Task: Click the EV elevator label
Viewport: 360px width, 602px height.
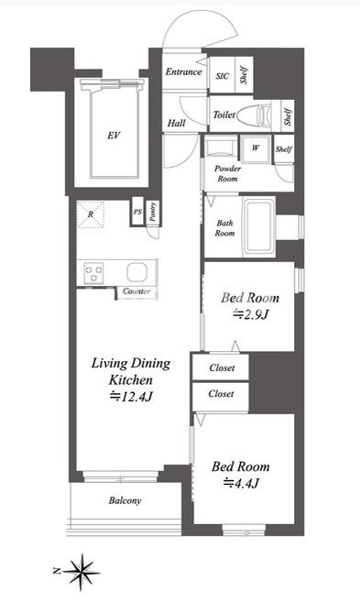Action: pyautogui.click(x=114, y=136)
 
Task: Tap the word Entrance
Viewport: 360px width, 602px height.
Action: pyautogui.click(x=183, y=71)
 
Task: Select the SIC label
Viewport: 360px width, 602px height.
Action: pyautogui.click(x=223, y=76)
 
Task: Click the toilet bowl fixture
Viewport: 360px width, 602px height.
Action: pyautogui.click(x=255, y=115)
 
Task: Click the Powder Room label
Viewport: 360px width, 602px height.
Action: pyautogui.click(x=227, y=173)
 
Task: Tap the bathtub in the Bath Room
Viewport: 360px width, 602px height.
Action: pyautogui.click(x=259, y=226)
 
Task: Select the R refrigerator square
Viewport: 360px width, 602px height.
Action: pyautogui.click(x=91, y=214)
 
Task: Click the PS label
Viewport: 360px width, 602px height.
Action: pyautogui.click(x=137, y=212)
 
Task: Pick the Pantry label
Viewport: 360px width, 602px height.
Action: pyautogui.click(x=152, y=212)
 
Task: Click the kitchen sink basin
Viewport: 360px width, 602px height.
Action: pyautogui.click(x=137, y=272)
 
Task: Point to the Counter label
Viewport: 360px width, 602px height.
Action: pyautogui.click(x=136, y=291)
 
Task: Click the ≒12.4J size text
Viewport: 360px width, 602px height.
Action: pyautogui.click(x=131, y=396)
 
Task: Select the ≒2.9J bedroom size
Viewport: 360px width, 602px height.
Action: pyautogui.click(x=250, y=314)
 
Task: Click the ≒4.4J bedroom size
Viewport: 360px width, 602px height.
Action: pyautogui.click(x=241, y=483)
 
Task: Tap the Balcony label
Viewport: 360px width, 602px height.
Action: pyautogui.click(x=125, y=500)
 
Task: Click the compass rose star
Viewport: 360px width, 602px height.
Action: pyautogui.click(x=82, y=572)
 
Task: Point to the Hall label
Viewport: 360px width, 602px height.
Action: pyautogui.click(x=177, y=124)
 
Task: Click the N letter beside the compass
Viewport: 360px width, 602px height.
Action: pyautogui.click(x=57, y=571)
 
